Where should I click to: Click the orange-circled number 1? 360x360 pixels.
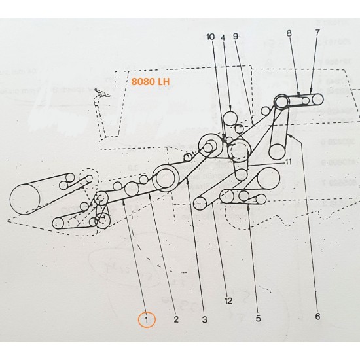pos(147,320)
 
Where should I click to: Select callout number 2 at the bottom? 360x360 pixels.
pos(175,320)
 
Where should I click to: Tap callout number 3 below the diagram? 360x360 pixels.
pos(204,320)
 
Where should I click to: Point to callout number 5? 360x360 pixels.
pos(258,319)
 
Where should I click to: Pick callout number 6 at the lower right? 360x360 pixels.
pos(317,317)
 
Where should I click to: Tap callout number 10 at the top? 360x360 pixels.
pos(210,37)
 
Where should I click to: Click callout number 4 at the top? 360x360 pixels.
pos(223,37)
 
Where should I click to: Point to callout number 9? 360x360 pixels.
pos(236,37)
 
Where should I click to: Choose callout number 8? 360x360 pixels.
pos(289,32)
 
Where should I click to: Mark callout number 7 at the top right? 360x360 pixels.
pos(318,32)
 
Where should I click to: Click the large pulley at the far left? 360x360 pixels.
pos(25,199)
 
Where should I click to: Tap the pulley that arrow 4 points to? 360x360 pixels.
pos(230,118)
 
